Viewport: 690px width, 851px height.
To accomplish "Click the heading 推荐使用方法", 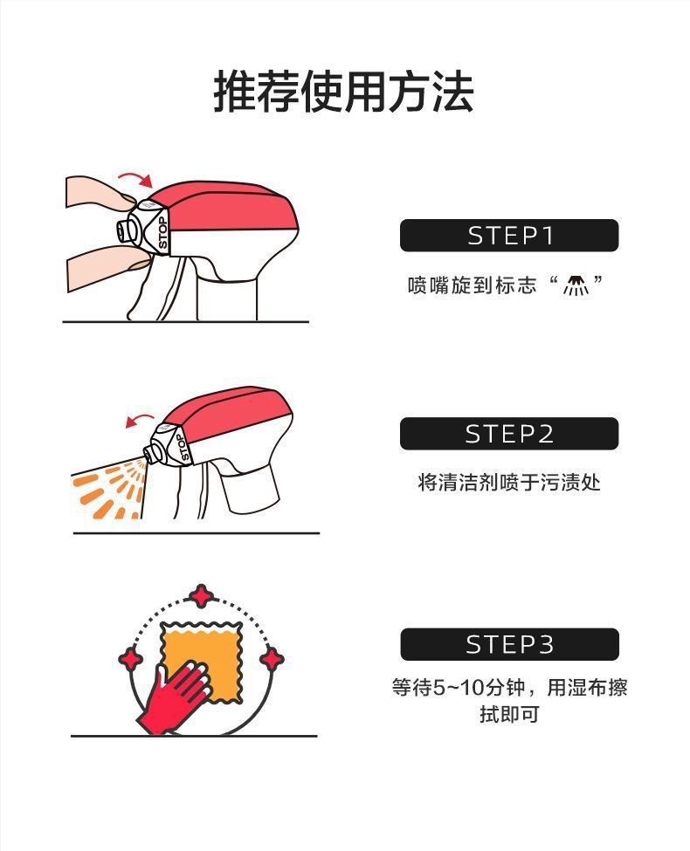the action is (343, 92).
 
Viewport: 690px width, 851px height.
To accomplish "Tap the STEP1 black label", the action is (509, 236).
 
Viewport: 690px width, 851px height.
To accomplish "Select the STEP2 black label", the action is (509, 434).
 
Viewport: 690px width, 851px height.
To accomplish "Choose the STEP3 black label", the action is (509, 644).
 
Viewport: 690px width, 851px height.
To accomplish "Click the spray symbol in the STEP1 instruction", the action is (576, 285).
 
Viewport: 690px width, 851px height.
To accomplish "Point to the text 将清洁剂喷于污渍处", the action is (509, 482).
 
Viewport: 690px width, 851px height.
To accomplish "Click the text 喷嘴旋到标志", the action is (473, 285).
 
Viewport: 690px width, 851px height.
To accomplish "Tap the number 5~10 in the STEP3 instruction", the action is (458, 688).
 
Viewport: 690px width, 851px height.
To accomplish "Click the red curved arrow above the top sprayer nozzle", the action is (135, 177).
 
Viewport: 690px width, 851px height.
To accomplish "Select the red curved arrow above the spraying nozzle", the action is (140, 418).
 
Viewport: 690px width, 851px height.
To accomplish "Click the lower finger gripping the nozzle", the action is (106, 266).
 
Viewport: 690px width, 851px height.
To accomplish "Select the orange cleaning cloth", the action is (202, 662).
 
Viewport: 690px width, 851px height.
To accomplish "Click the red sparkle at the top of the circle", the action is (202, 596).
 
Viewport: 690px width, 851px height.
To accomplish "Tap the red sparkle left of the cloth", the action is (131, 658).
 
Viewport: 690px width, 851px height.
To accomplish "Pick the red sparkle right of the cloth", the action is (272, 660).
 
